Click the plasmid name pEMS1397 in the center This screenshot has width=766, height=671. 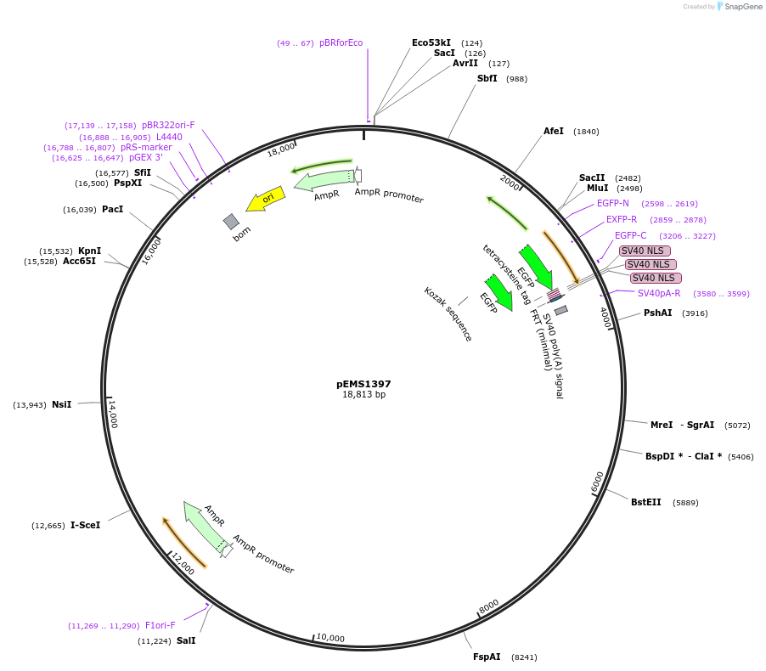click(363, 384)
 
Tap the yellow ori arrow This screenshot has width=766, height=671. click(266, 199)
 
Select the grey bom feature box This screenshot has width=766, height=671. click(232, 222)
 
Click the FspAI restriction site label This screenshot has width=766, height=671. click(487, 657)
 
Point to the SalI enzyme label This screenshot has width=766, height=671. click(186, 640)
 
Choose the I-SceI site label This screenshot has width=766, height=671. click(85, 525)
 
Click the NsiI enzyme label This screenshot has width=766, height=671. click(62, 404)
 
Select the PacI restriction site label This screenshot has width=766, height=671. click(112, 209)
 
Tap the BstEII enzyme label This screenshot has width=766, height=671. click(645, 502)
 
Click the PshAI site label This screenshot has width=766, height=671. click(657, 313)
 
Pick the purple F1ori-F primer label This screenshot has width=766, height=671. click(161, 625)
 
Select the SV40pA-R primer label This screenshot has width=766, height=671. click(659, 293)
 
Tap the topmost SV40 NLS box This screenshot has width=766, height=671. click(645, 251)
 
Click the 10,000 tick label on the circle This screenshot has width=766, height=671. click(329, 638)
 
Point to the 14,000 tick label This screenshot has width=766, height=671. click(113, 414)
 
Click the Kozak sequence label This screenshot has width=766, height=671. click(448, 313)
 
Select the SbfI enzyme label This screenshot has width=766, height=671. click(487, 78)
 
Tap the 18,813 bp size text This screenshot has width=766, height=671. click(363, 395)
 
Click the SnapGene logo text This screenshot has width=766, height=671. click(742, 7)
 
